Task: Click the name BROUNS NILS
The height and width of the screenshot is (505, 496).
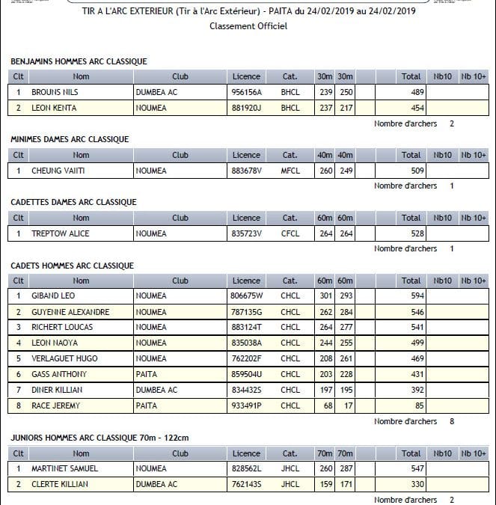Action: [55, 92]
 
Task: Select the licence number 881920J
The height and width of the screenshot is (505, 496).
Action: [246, 108]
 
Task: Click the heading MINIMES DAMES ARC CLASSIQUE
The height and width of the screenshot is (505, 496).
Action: [70, 139]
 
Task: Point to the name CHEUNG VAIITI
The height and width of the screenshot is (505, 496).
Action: [58, 171]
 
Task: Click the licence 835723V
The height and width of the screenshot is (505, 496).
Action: [246, 233]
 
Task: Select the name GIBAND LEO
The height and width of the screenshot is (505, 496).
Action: [53, 296]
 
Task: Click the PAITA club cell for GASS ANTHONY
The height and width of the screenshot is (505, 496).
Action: [147, 374]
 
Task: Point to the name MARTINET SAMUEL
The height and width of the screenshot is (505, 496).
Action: [66, 468]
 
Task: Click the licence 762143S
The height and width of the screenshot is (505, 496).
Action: [246, 484]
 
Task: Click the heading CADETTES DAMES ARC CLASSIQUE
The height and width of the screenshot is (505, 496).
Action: [73, 202]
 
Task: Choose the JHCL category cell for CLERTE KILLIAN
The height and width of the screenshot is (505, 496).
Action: [290, 484]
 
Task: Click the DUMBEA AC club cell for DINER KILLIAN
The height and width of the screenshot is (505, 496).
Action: [156, 390]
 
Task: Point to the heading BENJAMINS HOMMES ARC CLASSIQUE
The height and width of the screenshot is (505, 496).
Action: [79, 61]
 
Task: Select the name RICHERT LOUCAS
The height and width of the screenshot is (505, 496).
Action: [62, 328]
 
